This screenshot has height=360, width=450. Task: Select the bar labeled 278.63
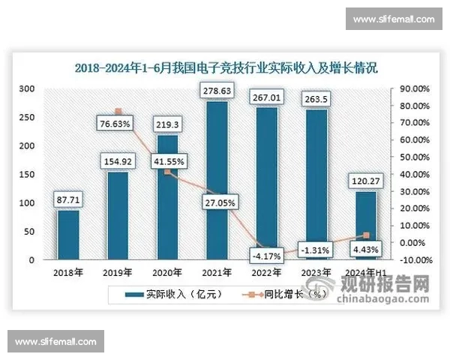click(216, 180)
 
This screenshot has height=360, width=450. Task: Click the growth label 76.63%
click(115, 122)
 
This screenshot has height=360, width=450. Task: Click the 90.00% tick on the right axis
click(413, 88)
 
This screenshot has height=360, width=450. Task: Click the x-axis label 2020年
click(167, 273)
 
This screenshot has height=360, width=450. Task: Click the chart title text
click(225, 67)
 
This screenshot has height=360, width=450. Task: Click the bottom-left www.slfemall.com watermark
click(56, 342)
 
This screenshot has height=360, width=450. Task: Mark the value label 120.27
click(366, 180)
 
